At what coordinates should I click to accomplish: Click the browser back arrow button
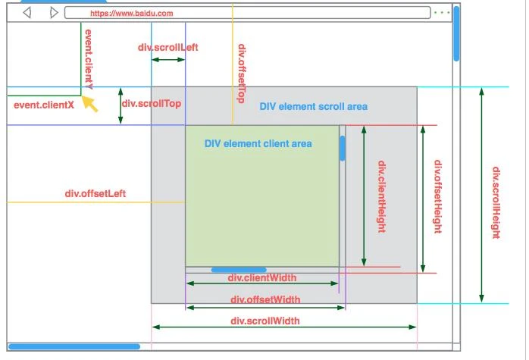click(28, 13)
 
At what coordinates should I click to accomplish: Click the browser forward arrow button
click(53, 13)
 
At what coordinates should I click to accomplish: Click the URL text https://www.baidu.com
click(131, 14)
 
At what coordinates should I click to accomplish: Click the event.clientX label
click(44, 105)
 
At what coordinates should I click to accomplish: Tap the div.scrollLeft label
click(168, 47)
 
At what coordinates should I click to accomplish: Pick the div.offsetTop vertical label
click(242, 74)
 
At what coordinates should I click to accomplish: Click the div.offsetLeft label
click(95, 193)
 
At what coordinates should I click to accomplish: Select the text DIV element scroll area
click(313, 106)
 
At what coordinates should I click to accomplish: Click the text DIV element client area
click(258, 143)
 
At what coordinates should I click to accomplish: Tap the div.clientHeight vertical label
click(383, 196)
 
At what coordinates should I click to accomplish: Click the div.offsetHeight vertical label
click(437, 196)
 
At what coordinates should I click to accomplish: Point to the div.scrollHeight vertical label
click(496, 202)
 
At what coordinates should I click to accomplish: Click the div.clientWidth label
click(262, 277)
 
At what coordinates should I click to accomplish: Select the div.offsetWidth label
click(265, 299)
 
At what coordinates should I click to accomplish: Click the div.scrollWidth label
click(265, 321)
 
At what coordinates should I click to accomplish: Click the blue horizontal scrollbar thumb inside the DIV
click(239, 269)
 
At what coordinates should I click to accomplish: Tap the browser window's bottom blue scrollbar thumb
click(74, 346)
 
